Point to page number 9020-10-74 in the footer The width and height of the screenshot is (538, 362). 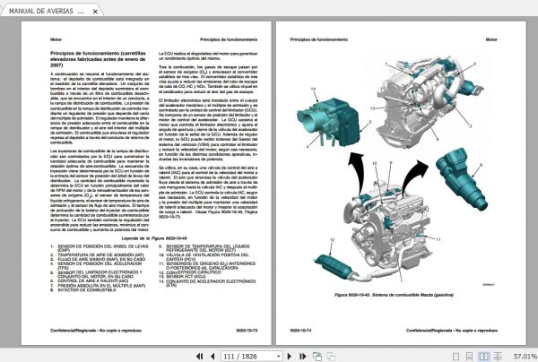pos(303,331)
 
